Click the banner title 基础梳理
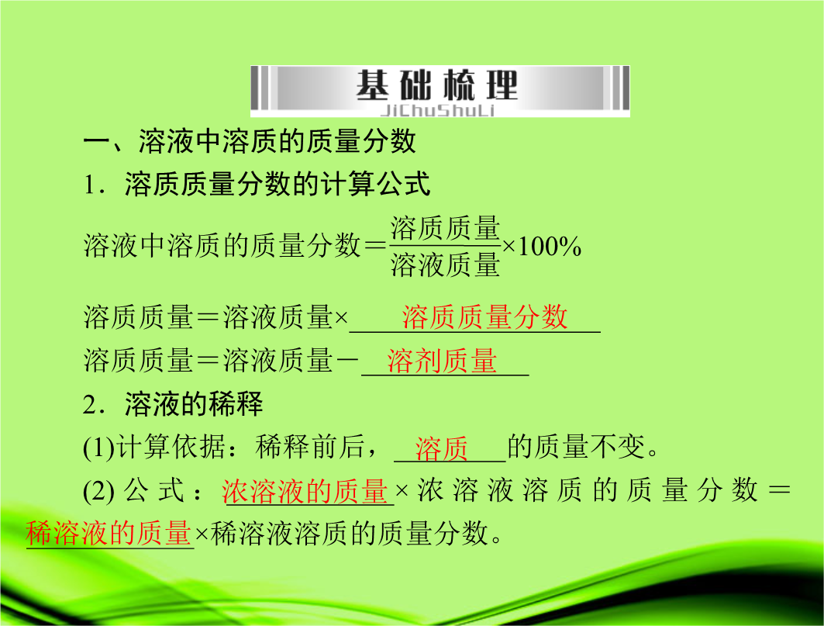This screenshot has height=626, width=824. coord(437,85)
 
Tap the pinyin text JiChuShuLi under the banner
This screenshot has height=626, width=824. coord(437,110)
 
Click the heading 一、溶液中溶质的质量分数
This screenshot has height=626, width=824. coord(250,141)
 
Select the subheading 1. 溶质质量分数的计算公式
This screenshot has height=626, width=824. coord(257,184)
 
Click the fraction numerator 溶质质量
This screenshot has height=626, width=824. coord(445,229)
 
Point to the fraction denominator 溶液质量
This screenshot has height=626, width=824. coord(445,265)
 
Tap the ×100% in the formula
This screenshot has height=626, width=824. coord(542,246)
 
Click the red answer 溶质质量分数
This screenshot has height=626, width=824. coord(484,317)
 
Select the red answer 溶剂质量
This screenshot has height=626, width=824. coord(442,361)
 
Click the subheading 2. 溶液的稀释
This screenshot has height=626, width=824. coord(173,404)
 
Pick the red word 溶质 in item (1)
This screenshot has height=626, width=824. coord(441,448)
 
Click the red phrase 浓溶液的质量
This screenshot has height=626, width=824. coord(305,491)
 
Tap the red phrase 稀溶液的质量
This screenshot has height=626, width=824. coord(109,533)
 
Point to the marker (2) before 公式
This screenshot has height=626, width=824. coord(98,491)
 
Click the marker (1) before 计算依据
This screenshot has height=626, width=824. coord(98,448)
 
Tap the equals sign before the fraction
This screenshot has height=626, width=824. coord(375,246)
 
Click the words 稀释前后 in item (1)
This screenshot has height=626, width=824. coord(310,447)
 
